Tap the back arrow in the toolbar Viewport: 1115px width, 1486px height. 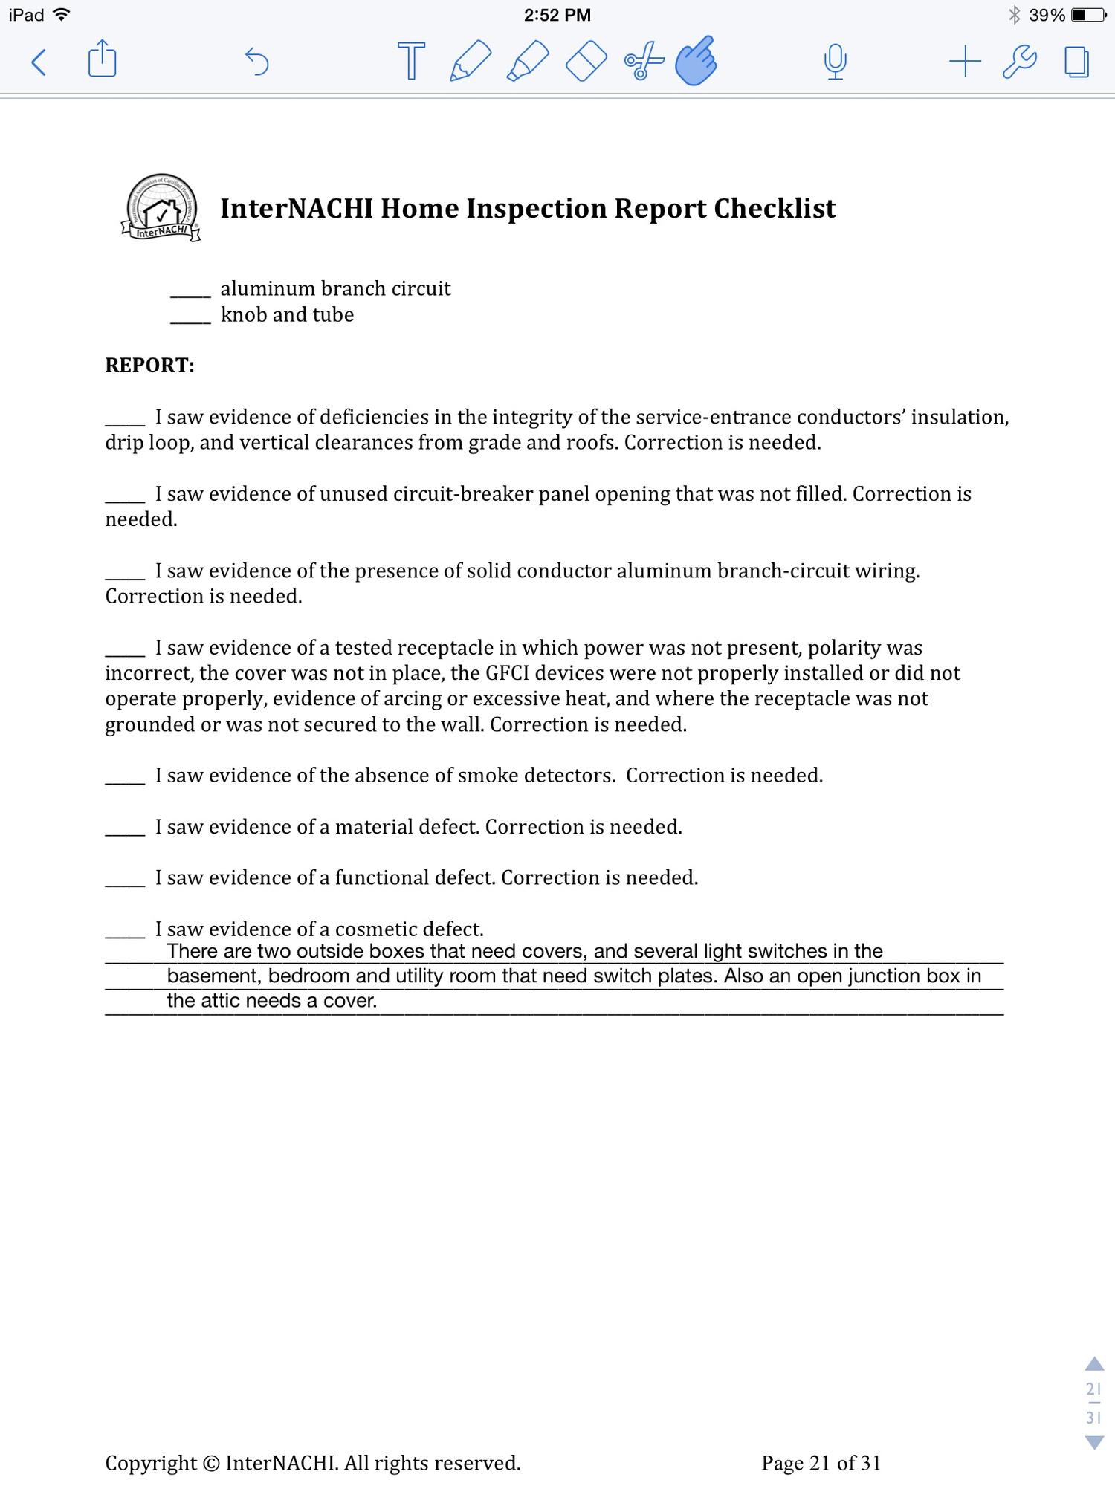(39, 62)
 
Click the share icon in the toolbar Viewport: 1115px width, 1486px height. (102, 59)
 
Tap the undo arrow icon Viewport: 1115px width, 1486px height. (256, 61)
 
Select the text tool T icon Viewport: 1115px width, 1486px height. (411, 61)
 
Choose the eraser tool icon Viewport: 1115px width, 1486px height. (586, 61)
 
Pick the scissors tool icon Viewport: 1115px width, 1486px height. (644, 61)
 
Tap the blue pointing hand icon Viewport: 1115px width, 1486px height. (696, 61)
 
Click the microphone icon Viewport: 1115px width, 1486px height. (836, 61)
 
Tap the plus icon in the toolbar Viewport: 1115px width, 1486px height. (965, 61)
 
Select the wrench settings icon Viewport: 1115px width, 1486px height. (1020, 61)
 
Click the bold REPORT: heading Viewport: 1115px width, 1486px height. (149, 366)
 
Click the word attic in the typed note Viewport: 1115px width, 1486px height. (218, 1001)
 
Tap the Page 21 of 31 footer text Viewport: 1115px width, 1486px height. (821, 1464)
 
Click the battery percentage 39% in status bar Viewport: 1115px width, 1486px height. (1047, 15)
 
